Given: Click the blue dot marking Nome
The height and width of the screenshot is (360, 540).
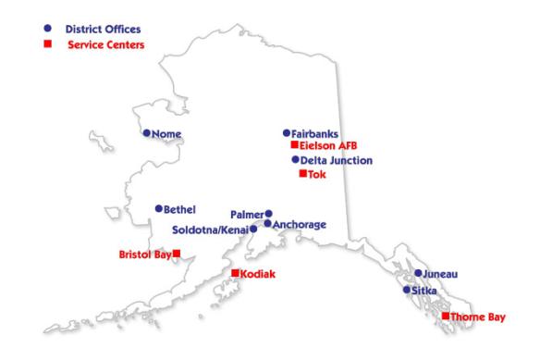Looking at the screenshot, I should click(146, 133).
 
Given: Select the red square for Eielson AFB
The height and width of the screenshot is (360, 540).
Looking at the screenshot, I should click(294, 145).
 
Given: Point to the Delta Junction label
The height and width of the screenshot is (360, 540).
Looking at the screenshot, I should click(337, 160).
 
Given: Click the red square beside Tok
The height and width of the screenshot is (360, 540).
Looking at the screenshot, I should click(301, 173).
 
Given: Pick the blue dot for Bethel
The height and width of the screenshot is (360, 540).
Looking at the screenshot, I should click(159, 209).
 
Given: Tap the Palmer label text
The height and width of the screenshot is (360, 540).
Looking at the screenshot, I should click(247, 214).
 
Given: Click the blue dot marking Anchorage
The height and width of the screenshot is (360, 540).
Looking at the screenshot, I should click(267, 223).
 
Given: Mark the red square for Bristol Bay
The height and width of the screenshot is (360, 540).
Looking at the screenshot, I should click(177, 254).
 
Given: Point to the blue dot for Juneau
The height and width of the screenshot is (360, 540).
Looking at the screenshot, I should click(418, 273).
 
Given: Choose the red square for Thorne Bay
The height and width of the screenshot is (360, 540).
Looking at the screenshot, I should click(446, 317).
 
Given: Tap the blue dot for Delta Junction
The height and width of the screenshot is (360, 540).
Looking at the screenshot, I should click(295, 159).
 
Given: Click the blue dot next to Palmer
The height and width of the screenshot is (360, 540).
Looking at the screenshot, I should click(269, 213).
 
